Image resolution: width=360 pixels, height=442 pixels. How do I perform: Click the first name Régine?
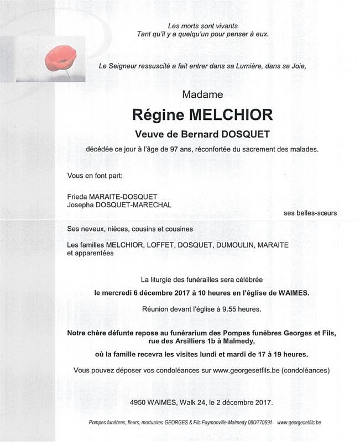click(158, 114)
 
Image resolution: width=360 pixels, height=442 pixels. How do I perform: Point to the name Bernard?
click(196, 134)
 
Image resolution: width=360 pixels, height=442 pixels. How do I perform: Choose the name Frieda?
click(76, 196)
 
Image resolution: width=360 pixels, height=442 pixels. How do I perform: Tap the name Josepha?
click(81, 204)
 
